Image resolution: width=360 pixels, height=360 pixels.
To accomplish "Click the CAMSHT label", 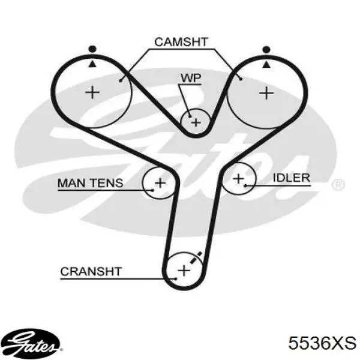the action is click(x=181, y=42).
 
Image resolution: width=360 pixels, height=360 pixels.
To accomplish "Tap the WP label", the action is click(x=191, y=78).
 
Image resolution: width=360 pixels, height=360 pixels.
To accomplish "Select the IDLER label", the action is click(x=292, y=178).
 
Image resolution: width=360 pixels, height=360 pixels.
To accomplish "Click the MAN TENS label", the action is click(x=90, y=183).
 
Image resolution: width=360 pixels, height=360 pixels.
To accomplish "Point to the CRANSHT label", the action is click(x=91, y=271).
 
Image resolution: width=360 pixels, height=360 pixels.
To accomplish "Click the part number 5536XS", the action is click(x=322, y=343).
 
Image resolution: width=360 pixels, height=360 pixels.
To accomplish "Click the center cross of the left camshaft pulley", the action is click(x=92, y=92).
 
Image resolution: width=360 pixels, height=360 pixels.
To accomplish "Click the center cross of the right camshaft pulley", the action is click(x=266, y=93).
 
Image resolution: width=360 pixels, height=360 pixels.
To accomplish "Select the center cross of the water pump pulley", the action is click(x=196, y=122).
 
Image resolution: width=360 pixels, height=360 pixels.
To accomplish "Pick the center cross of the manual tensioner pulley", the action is click(x=160, y=183).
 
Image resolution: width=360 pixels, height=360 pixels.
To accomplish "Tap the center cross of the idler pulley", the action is click(x=238, y=178).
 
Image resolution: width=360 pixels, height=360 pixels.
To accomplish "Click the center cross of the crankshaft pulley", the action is click(x=184, y=270).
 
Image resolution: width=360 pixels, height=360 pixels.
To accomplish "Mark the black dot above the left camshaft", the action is click(x=92, y=49).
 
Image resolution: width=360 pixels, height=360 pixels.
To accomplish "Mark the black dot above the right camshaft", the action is click(x=266, y=49).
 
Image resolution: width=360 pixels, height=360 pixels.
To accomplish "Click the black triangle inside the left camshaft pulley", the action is click(x=92, y=64).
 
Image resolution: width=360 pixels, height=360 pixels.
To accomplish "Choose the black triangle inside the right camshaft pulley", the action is click(x=266, y=65).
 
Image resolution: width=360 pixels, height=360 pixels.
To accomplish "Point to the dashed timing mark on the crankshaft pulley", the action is click(x=196, y=257).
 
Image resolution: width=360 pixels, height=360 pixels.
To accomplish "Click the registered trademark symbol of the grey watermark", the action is click(x=338, y=184).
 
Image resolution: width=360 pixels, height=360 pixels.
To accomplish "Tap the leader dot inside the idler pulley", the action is click(x=245, y=185).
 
